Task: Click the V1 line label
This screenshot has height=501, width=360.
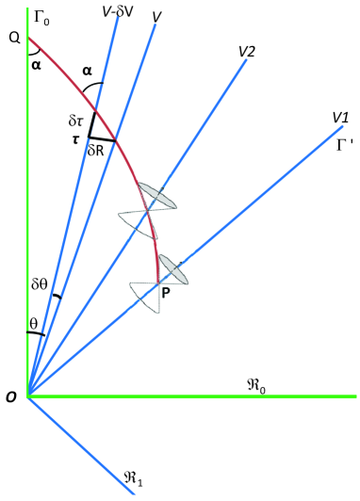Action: [x=340, y=117]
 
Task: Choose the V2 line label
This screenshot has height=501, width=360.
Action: [x=248, y=52]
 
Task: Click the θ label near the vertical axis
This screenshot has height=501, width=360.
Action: [x=34, y=322]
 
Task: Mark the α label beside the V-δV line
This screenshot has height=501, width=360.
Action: [x=87, y=71]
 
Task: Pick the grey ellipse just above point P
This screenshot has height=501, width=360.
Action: [x=175, y=267]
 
